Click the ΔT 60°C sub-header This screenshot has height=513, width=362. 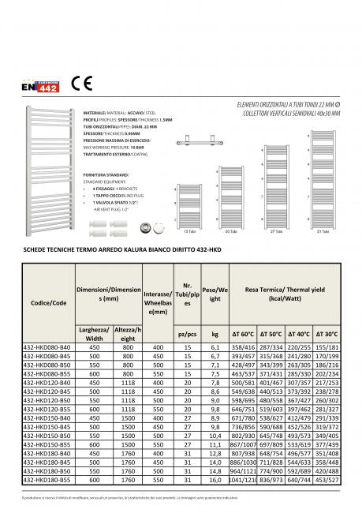click(x=242, y=335)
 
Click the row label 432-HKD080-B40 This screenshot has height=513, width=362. click(x=38, y=346)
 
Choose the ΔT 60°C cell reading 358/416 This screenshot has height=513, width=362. click(x=242, y=346)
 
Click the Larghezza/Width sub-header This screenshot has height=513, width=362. click(x=94, y=335)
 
